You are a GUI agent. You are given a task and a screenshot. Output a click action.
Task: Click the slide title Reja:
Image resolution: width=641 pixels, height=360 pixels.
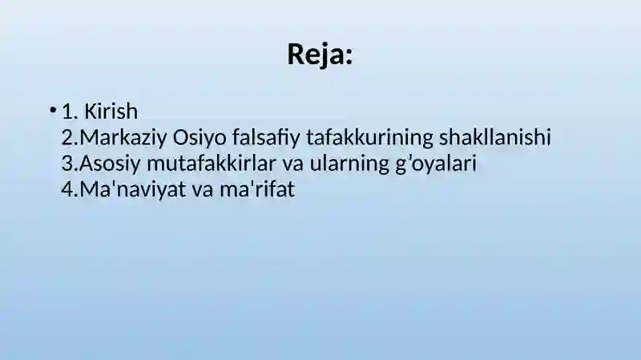[320, 55]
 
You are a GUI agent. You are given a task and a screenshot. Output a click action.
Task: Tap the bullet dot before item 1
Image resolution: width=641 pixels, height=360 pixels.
[52, 110]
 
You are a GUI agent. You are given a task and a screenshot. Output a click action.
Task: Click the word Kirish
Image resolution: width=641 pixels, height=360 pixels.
[111, 111]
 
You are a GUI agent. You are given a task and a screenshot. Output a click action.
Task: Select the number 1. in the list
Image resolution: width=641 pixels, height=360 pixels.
[70, 111]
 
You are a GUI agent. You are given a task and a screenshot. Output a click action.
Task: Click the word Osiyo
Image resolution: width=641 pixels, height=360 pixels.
[200, 137]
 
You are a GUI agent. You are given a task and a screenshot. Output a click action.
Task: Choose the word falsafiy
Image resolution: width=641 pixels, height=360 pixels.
[267, 137]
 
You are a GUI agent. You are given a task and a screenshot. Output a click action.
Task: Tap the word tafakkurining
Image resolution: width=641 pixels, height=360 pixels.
[369, 137]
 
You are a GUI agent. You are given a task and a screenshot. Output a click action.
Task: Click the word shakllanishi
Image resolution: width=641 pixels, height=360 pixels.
[495, 136]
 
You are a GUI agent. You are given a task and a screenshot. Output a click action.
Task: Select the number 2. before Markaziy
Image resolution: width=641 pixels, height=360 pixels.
[70, 137]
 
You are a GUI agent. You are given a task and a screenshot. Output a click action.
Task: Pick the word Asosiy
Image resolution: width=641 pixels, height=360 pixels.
[110, 164]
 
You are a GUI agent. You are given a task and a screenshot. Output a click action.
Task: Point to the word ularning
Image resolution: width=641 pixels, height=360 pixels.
[349, 164]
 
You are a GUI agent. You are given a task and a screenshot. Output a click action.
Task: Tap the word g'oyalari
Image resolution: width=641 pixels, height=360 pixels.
[436, 164]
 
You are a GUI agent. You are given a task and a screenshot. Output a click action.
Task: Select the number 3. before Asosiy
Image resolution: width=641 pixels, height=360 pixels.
[70, 164]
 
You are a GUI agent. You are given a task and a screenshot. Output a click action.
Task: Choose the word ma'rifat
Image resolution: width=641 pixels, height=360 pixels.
[257, 189]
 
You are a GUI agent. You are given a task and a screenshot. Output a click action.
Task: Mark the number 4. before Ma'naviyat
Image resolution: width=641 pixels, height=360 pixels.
[70, 190]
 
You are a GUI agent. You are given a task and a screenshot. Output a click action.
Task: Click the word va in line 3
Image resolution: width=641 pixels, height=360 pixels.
[293, 164]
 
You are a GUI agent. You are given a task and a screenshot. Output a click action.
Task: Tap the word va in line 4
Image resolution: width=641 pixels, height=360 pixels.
[203, 191]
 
